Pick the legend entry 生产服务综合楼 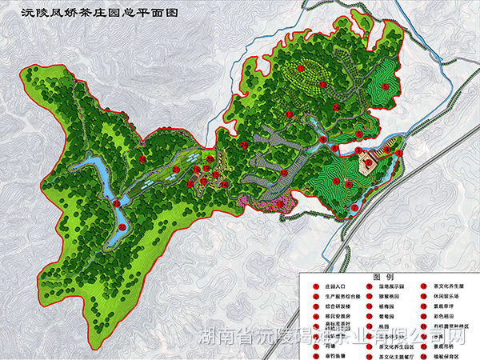coord(334,296)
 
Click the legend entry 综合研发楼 coord(329,306)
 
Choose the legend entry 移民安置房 coord(329,317)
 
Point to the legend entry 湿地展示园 coord(387,286)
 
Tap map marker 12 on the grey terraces coord(284,172)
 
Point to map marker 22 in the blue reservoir coord(115,205)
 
